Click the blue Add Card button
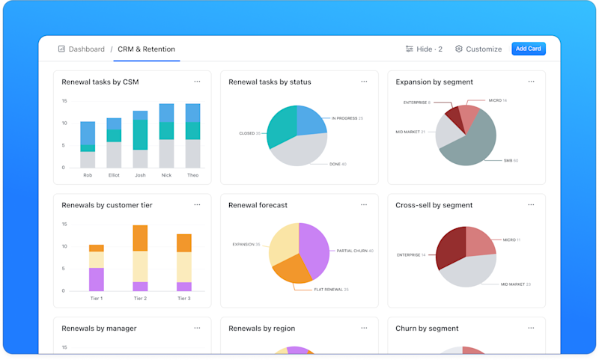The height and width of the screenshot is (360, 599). coord(528,49)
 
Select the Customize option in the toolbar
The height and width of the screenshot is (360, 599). coord(478,49)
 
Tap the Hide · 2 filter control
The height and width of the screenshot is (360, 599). coord(424,49)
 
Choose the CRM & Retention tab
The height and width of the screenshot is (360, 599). coord(146,49)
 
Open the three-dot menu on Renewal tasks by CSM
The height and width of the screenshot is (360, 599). coord(197,82)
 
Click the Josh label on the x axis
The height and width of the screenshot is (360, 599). coord(140,175)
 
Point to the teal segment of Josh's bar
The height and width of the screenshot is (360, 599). coord(140,135)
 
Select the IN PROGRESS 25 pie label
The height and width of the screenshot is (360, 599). coord(348,118)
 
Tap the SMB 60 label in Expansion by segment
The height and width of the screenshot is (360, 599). coord(510,160)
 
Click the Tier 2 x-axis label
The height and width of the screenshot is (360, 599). coord(140,298)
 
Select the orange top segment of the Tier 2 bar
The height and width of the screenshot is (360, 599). coord(140,237)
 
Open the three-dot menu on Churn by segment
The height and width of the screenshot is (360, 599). coord(531,328)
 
